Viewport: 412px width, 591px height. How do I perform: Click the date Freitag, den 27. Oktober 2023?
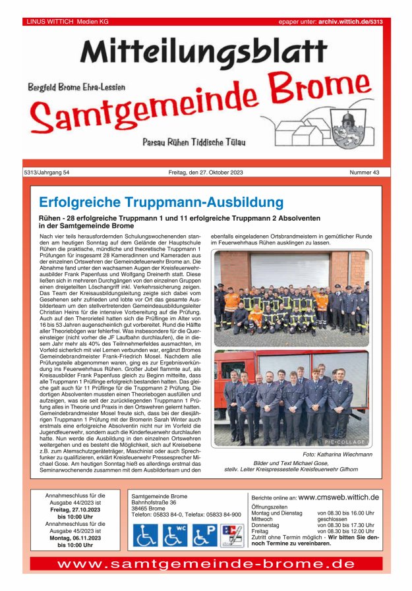click(206, 173)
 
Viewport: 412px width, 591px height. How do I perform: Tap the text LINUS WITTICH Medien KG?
click(67, 22)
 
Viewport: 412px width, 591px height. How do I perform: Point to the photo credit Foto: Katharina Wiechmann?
click(338, 455)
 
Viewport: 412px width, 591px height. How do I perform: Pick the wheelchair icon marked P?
click(204, 535)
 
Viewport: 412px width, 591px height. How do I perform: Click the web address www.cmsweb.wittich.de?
click(338, 497)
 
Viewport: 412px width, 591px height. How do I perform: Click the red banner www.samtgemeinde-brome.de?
click(206, 564)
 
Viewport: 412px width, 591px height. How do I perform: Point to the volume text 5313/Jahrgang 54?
click(46, 173)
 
